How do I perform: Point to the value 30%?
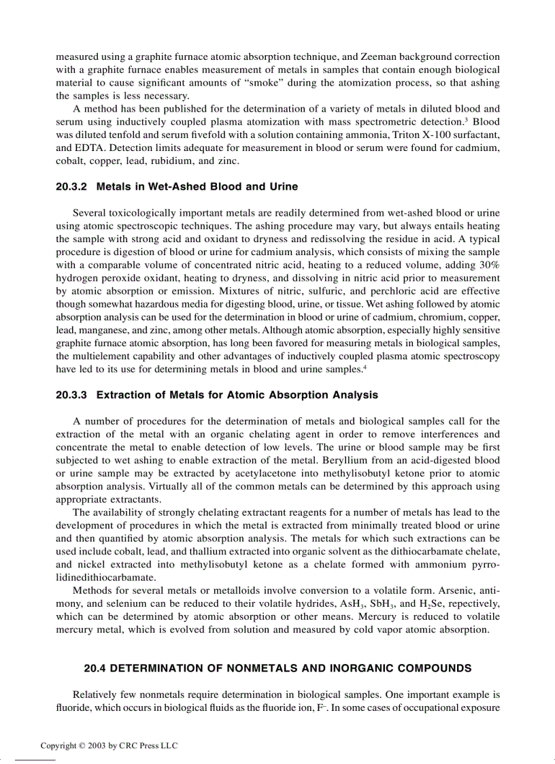coord(488,265)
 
